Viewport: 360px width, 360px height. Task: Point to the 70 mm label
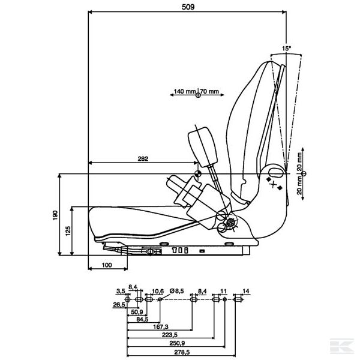209,91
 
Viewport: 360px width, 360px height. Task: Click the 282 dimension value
142,158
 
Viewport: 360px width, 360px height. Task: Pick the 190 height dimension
55,214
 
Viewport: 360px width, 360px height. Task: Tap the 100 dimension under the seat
107,265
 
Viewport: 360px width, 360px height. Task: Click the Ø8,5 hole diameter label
178,291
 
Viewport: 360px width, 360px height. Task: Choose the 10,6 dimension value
158,291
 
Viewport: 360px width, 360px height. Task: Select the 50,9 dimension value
136,312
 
